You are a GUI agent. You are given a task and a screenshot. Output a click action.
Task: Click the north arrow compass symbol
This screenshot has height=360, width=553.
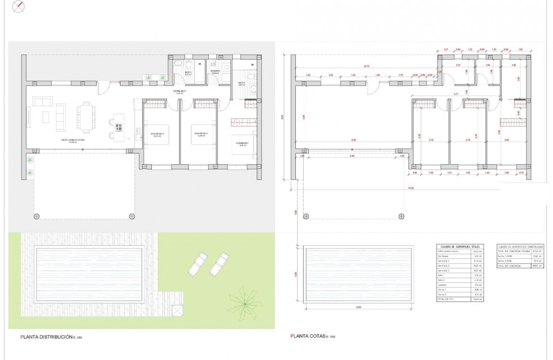pos(18,6)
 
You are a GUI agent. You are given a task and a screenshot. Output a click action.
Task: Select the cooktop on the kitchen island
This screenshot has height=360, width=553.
pos(119,127)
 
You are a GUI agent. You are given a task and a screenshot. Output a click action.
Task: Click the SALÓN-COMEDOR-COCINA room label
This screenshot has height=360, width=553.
pos(72,140)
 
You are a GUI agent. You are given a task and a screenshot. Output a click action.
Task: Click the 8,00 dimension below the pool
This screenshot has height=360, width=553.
pos(358,307)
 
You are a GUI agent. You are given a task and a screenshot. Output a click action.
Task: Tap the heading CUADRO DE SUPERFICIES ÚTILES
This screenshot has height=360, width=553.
pos(460,247)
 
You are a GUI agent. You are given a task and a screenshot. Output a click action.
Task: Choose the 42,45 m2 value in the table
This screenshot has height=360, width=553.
pos(477,252)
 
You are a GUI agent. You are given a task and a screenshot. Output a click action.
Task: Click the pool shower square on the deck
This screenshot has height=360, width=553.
pos(177,310)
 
